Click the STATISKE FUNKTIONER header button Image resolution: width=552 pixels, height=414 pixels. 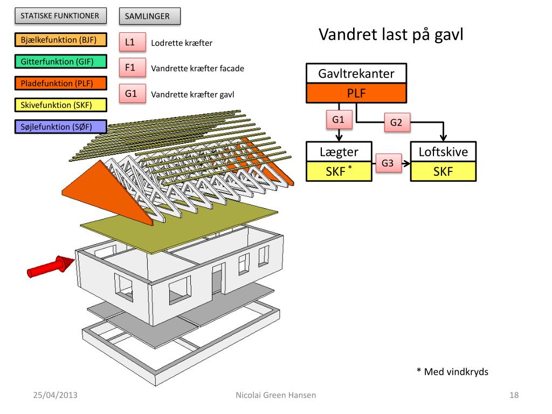click(x=60, y=16)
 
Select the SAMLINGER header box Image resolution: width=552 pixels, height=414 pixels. click(x=150, y=16)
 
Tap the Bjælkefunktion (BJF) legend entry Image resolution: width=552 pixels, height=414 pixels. click(x=60, y=40)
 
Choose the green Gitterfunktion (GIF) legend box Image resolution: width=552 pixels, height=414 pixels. click(x=60, y=61)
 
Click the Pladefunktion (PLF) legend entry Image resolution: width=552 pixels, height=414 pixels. click(x=60, y=84)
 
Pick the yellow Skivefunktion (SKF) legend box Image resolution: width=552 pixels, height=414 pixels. click(x=60, y=105)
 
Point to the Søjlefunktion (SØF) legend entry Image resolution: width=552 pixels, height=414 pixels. click(x=60, y=127)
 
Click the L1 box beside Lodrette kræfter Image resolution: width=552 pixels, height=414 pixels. click(x=133, y=42)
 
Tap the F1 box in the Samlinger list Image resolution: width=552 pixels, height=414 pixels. click(x=133, y=67)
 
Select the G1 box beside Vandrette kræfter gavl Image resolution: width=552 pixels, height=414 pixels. click(x=133, y=94)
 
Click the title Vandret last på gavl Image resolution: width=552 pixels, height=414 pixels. click(x=391, y=34)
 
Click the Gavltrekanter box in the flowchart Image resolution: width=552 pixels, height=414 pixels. click(x=356, y=73)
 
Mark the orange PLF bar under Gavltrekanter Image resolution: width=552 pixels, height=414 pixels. click(x=356, y=93)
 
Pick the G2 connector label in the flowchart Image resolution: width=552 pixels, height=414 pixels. click(x=397, y=122)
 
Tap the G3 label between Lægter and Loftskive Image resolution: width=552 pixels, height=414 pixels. click(x=388, y=163)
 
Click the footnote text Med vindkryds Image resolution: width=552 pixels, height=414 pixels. click(x=456, y=372)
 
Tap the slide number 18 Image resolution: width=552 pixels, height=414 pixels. click(x=514, y=395)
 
